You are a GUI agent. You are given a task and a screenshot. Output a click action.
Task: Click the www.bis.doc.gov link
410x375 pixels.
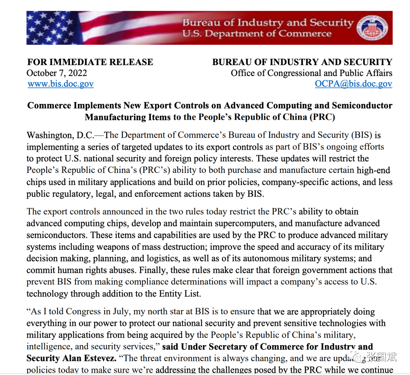pyautogui.click(x=61, y=84)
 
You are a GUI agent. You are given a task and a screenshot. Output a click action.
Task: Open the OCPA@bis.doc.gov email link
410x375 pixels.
pyautogui.click(x=353, y=84)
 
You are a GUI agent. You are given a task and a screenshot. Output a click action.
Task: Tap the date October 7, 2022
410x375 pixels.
pyautogui.click(x=57, y=73)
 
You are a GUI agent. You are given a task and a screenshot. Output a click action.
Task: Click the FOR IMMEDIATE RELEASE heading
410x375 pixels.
pyautogui.click(x=90, y=62)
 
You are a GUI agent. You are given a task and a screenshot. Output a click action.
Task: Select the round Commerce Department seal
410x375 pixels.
pyautogui.click(x=373, y=28)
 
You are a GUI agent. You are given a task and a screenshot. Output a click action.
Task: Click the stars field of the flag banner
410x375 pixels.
pyautogui.click(x=48, y=27)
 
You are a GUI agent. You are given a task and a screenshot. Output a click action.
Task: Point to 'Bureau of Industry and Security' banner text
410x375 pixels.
pyautogui.click(x=268, y=22)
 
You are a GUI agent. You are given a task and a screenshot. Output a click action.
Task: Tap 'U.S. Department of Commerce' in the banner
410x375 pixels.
pyautogui.click(x=257, y=34)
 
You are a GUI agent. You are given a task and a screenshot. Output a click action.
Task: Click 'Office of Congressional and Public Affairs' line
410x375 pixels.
pyautogui.click(x=311, y=73)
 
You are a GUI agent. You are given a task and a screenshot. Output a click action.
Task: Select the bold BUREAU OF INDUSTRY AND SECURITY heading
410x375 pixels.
pyautogui.click(x=302, y=62)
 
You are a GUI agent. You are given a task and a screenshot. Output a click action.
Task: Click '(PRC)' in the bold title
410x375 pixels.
pyautogui.click(x=322, y=117)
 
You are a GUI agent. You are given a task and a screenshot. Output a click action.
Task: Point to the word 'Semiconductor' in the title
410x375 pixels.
pyautogui.click(x=362, y=106)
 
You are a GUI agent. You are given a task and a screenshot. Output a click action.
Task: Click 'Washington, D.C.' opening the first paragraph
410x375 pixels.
pyautogui.click(x=60, y=135)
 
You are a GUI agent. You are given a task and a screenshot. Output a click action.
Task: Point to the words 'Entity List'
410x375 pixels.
pyautogui.click(x=184, y=294)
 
